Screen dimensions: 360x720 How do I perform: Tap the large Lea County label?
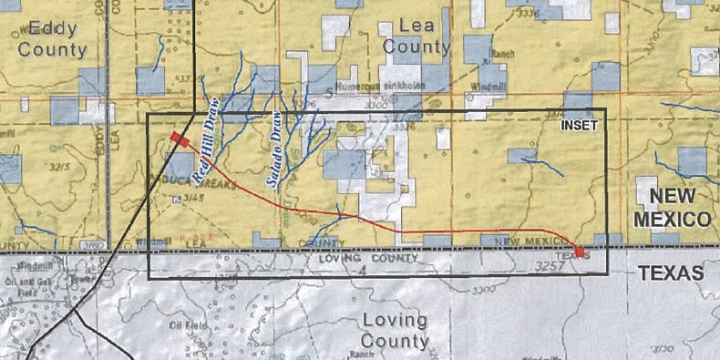pyautogui.click(x=417, y=36)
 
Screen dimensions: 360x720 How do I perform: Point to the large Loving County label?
pyautogui.click(x=395, y=330)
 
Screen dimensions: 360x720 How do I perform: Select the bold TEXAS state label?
pyautogui.click(x=672, y=273)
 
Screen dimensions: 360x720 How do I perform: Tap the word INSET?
pyautogui.click(x=580, y=126)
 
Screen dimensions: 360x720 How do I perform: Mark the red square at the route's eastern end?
pyautogui.click(x=580, y=251)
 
